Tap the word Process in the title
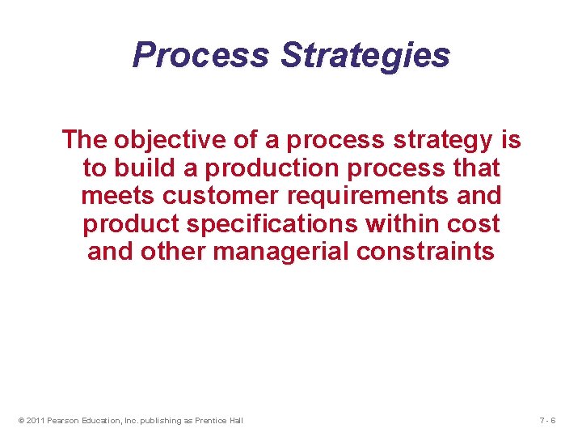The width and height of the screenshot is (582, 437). point(201,56)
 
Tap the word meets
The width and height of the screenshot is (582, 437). point(118,196)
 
